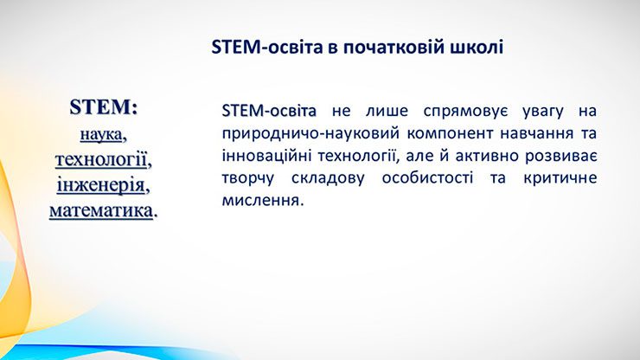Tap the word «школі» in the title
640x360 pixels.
click(x=477, y=47)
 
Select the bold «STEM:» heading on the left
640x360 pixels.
click(x=104, y=107)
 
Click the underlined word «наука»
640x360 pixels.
click(x=101, y=134)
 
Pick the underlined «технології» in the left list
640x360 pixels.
click(x=101, y=159)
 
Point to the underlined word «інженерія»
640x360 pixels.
click(x=101, y=185)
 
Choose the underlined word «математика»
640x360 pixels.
click(x=101, y=211)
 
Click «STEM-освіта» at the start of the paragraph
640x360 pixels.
click(x=269, y=111)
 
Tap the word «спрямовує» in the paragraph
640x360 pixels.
click(x=465, y=112)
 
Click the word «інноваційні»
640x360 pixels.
click(x=267, y=156)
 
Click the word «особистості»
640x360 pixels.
click(x=428, y=178)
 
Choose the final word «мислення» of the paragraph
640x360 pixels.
click(x=261, y=201)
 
